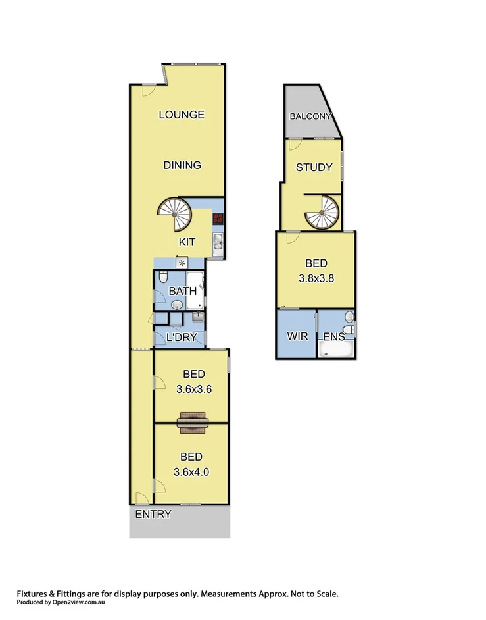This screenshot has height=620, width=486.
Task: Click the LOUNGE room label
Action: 182,115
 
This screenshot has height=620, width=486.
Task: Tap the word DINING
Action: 182,165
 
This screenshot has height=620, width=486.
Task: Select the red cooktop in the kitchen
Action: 218,220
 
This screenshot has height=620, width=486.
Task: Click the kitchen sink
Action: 218,244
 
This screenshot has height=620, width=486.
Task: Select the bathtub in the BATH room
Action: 196,290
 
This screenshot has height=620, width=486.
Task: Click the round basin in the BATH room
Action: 177,305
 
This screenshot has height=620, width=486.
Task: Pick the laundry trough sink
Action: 197,317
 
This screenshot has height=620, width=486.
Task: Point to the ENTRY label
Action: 153,515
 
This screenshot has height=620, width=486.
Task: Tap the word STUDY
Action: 314,167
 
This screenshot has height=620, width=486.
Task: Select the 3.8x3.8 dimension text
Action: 316,278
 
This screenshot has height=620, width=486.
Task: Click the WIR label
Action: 297,336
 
